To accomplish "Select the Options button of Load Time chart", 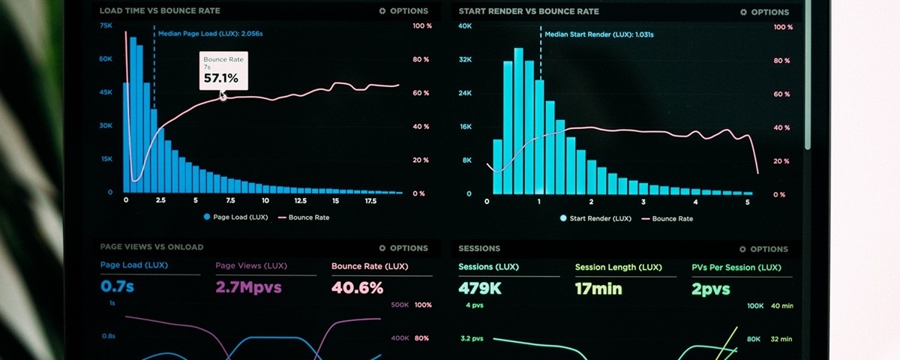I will [403, 11].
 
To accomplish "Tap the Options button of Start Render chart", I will [764, 12].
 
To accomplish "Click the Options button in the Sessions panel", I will [763, 249].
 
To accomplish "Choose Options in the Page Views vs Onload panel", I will [403, 248].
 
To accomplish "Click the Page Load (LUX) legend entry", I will [235, 217].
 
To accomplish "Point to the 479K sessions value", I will [480, 288].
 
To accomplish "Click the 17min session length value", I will [598, 289].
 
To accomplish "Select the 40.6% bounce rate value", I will [357, 288].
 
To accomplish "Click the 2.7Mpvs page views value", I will [249, 288].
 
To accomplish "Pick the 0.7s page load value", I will [117, 287].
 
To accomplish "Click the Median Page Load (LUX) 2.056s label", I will [210, 34].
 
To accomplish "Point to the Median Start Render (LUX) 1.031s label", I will [598, 34].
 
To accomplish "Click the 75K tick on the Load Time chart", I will [106, 25].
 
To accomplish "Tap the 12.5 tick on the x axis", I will [300, 201].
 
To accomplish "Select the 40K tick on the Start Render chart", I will [465, 26].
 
